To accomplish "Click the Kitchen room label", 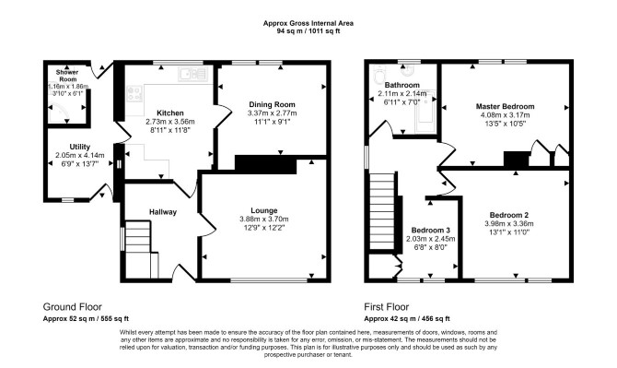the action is (x=170, y=113).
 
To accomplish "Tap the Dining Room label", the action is (x=272, y=104).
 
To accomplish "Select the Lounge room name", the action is (x=264, y=211).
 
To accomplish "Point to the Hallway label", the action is (x=163, y=212).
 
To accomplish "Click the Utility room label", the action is (x=80, y=147).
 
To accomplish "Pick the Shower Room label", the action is (x=67, y=76).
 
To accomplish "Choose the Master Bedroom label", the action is (x=506, y=106).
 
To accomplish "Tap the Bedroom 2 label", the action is (x=508, y=215).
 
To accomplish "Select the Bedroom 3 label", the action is (x=430, y=230).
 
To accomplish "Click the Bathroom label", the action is (x=402, y=85).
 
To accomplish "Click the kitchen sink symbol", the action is (x=192, y=74).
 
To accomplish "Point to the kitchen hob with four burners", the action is (x=134, y=94).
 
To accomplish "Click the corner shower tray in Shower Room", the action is (x=58, y=113).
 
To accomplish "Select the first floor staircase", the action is (x=382, y=211).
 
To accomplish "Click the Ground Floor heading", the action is (x=73, y=307).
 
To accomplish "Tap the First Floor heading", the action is (x=387, y=307).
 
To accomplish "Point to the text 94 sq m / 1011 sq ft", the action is (x=308, y=31).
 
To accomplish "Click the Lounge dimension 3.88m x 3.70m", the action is (x=264, y=220).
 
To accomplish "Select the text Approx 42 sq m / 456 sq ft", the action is (x=407, y=319).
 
